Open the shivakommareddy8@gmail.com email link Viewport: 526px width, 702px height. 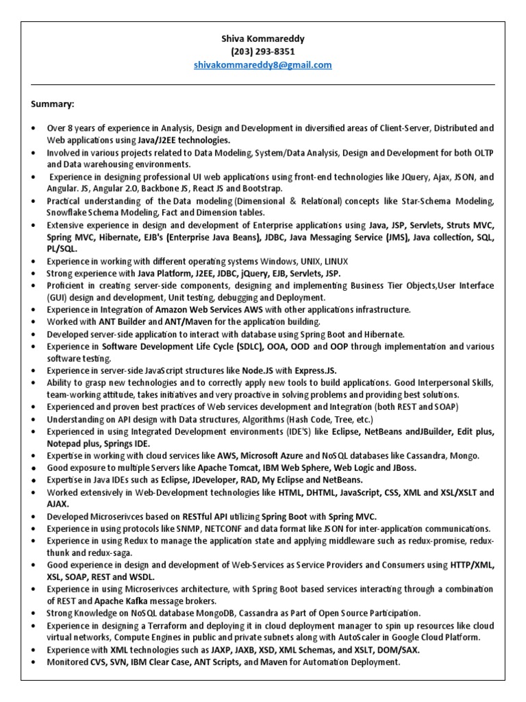tap(264, 64)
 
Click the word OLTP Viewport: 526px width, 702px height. tap(479, 152)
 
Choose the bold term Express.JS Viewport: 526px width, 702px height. tap(319, 370)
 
